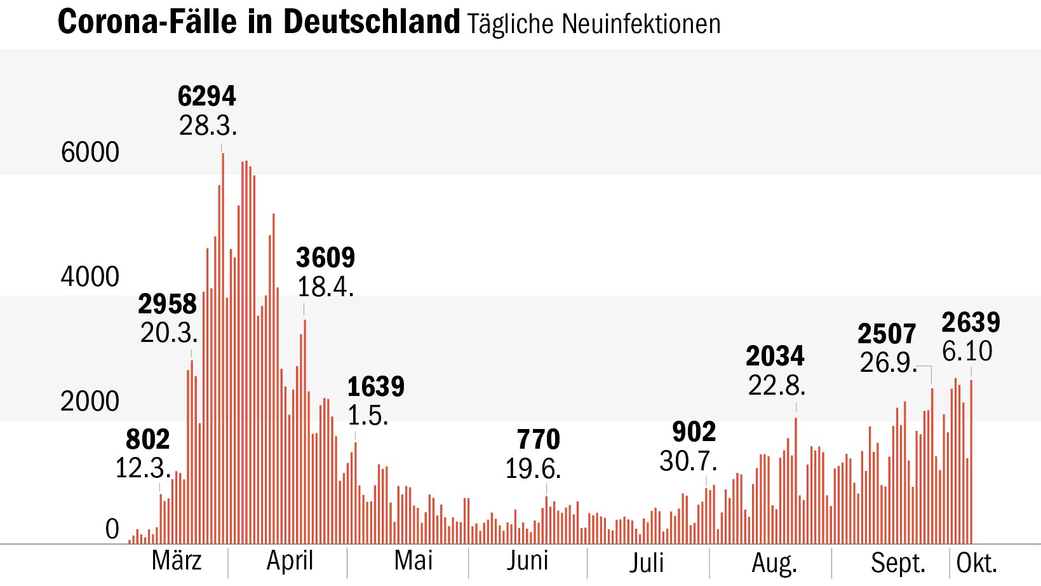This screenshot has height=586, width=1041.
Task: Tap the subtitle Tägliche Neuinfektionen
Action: click(593, 24)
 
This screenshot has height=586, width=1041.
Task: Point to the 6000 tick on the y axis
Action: click(90, 153)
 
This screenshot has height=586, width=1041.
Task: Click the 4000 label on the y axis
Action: click(90, 277)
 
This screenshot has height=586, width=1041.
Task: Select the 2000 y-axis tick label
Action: click(90, 402)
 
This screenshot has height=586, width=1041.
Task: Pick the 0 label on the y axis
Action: click(112, 529)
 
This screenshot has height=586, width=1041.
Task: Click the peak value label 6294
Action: click(206, 97)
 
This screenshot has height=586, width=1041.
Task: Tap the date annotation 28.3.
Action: click(208, 126)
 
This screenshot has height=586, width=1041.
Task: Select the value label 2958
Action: click(167, 304)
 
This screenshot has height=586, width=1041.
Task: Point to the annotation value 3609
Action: click(325, 258)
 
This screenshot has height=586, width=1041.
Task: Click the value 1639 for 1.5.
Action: click(375, 386)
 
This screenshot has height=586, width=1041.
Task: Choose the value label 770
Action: click(538, 440)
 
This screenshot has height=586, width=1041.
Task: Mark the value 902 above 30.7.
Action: click(694, 432)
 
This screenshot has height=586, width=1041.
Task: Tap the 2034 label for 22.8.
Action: click(775, 356)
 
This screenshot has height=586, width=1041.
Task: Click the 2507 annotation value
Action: click(887, 334)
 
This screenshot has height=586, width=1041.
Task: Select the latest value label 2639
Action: click(970, 323)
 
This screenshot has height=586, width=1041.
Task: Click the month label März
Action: click(177, 561)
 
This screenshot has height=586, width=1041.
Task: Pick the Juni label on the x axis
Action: click(527, 561)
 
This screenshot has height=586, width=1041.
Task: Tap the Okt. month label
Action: click(977, 563)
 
